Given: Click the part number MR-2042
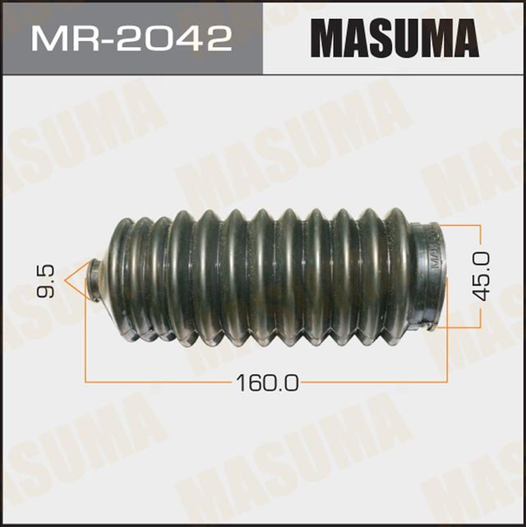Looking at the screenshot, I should coord(131,37).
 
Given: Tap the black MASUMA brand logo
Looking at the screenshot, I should coord(394,37).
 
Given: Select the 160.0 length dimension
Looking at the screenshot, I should coord(268,382).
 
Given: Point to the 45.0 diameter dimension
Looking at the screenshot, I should coord(482,275).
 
